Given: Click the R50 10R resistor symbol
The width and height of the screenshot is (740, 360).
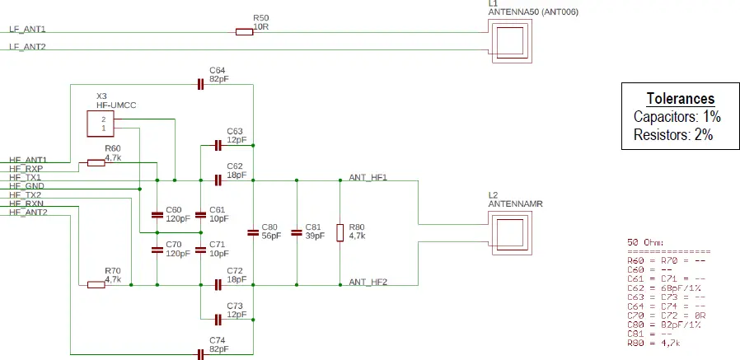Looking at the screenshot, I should point(244,32).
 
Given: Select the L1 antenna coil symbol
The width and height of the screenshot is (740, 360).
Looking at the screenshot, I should point(510,40).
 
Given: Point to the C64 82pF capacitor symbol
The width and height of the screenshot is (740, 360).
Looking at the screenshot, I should point(200,83).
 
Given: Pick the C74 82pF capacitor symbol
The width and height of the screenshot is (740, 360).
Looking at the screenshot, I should point(200,354).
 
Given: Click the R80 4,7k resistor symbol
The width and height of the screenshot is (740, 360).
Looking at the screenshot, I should point(340,232).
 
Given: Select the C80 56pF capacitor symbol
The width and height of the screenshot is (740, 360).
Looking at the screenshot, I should point(253,232).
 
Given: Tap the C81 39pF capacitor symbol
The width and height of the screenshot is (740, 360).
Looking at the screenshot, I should point(297,232).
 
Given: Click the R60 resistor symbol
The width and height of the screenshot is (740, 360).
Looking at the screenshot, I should point(96,162).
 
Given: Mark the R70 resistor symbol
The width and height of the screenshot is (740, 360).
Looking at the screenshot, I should point(96,284).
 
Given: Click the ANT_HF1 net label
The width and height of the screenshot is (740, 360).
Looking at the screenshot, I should point(368,177).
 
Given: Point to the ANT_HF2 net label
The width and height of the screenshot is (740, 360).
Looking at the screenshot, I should point(368,282).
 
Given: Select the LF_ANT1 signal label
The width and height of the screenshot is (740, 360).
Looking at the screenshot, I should point(27,29).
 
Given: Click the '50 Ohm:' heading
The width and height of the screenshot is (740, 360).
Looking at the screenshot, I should point(645,242).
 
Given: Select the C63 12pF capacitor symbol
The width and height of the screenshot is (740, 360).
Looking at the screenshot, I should point(218,145).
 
